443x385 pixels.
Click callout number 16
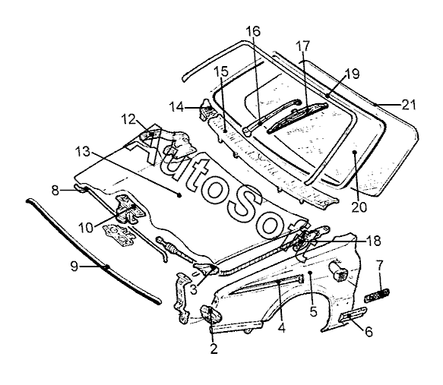pos(253,31)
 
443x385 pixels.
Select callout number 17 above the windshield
pos(303,46)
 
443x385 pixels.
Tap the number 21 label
pos(409,105)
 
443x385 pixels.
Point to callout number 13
pos(83,152)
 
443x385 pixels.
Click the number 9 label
pos(74,267)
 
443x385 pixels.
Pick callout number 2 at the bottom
pos(214,349)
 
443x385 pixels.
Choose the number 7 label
pos(379,266)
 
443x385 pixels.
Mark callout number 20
pos(359,207)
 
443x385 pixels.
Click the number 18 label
pos(374,241)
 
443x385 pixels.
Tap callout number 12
pos(129,119)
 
